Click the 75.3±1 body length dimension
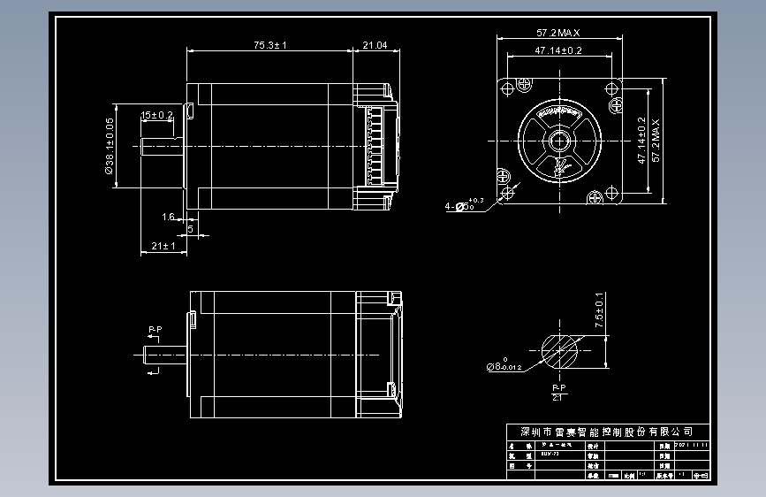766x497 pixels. click(270, 44)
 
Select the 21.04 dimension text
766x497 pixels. click(375, 44)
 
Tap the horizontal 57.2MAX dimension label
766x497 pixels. click(557, 33)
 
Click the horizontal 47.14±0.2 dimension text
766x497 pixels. click(557, 51)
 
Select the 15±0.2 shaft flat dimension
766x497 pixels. click(157, 115)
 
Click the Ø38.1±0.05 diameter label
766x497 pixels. click(110, 150)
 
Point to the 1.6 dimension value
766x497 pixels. click(168, 217)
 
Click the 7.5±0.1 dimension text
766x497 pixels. click(599, 311)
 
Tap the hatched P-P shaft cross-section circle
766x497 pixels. click(558, 351)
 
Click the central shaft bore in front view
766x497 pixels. click(558, 141)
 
